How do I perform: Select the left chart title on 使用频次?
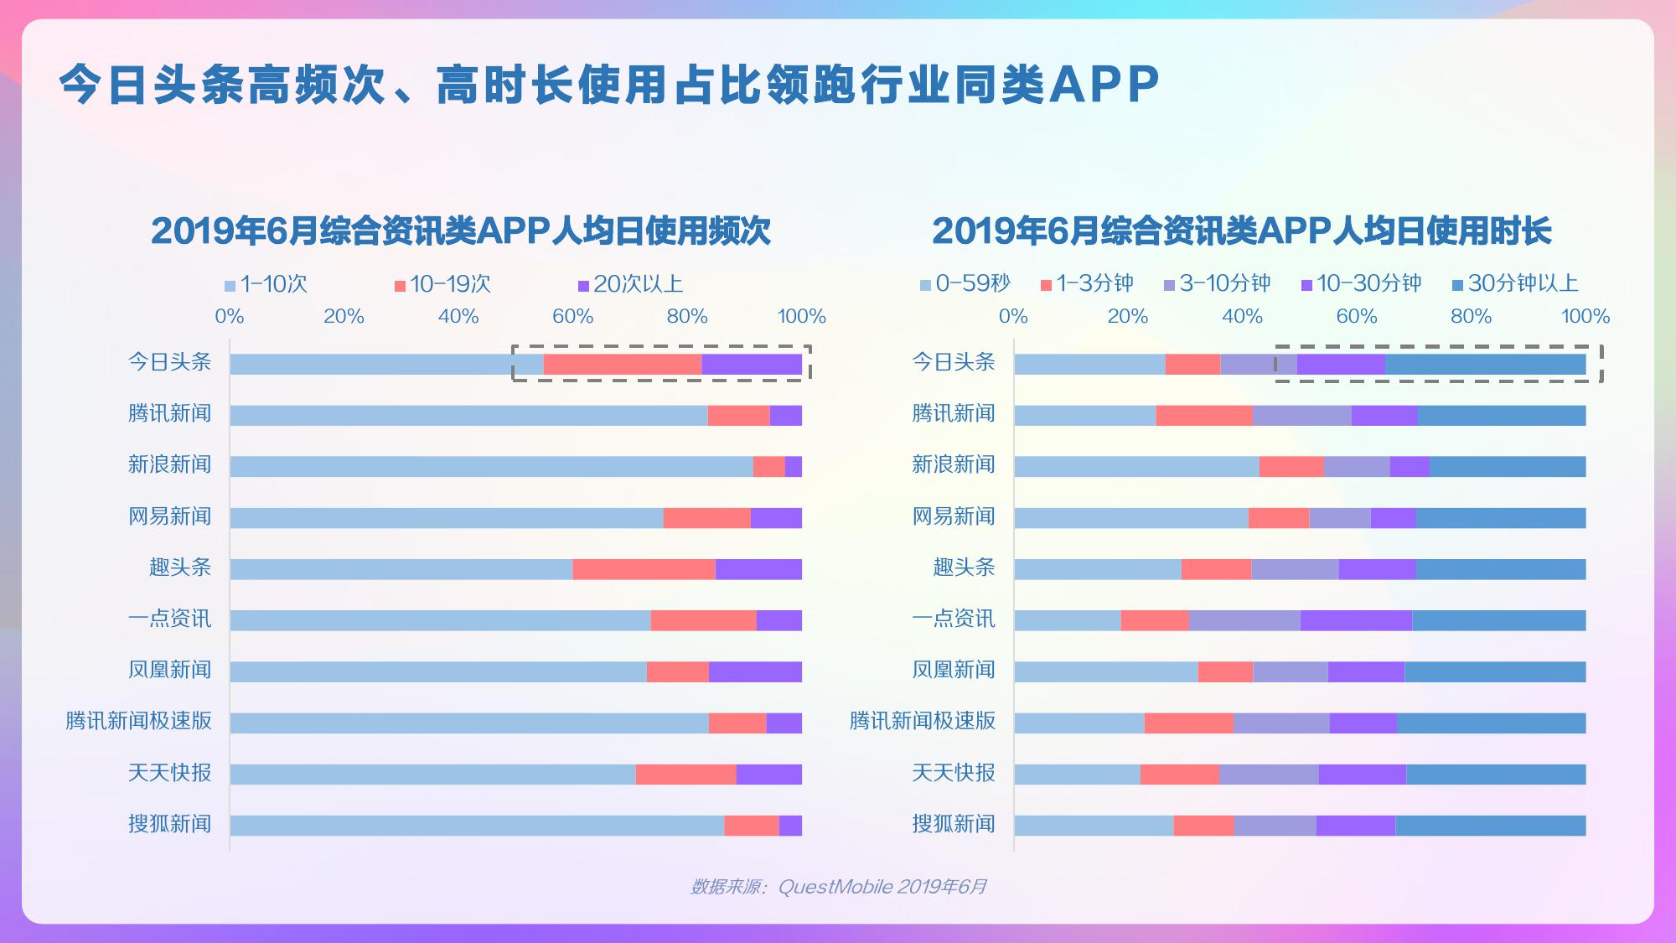pos(460,231)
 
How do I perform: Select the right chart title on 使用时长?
pos(1241,231)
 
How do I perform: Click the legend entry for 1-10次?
pos(266,284)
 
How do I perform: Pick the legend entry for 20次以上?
pos(630,284)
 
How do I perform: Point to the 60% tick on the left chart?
pos(573,317)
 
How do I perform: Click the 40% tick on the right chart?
pos(1242,317)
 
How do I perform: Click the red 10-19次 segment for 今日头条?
pos(623,364)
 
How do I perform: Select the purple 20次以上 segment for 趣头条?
pos(758,569)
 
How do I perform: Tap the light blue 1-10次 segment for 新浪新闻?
pos(491,467)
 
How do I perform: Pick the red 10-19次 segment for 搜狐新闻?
pos(752,826)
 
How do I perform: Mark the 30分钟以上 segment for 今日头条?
pos(1485,364)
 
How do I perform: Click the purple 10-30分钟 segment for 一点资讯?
pos(1356,620)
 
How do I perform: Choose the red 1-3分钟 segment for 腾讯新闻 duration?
pos(1204,416)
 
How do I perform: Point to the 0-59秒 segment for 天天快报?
pos(1077,775)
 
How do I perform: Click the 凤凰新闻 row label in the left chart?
pos(170,670)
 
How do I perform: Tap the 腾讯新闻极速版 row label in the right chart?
pos(923,721)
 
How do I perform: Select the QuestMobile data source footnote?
pos(838,887)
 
